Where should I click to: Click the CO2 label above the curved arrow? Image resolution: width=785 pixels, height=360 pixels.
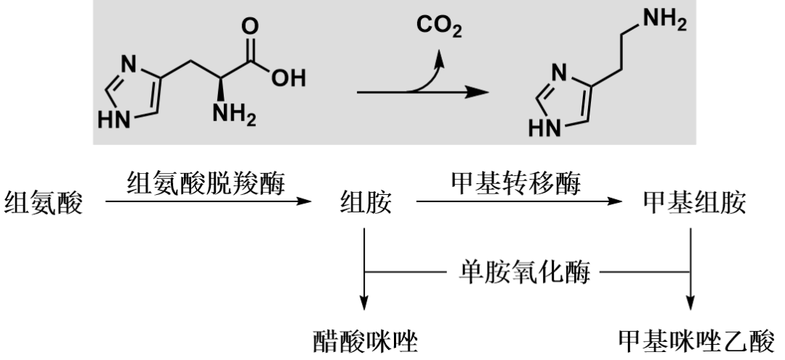pos(439,27)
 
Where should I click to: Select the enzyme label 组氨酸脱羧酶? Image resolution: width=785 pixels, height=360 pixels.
pos(206,183)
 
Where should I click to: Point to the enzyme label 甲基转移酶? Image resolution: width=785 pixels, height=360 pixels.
pos(515,183)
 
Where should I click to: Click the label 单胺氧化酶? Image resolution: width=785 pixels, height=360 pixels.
pos(525,273)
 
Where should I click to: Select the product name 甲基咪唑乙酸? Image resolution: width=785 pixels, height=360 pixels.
pos(696,342)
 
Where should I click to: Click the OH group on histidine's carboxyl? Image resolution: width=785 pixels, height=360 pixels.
pos(288,78)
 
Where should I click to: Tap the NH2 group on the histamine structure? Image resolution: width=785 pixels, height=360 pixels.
pos(665,20)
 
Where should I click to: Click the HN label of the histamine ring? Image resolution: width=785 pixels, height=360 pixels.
pos(544,127)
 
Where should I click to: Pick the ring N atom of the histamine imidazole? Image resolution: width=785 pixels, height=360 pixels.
pos(560,73)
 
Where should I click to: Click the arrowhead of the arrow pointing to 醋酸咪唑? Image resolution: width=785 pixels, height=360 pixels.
pos(364,302)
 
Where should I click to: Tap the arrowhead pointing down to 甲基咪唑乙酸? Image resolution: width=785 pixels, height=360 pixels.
pos(691,302)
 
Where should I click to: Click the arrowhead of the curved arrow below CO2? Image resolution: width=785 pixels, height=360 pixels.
pos(439,59)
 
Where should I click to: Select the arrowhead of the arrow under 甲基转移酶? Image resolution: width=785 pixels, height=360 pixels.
pos(614,201)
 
